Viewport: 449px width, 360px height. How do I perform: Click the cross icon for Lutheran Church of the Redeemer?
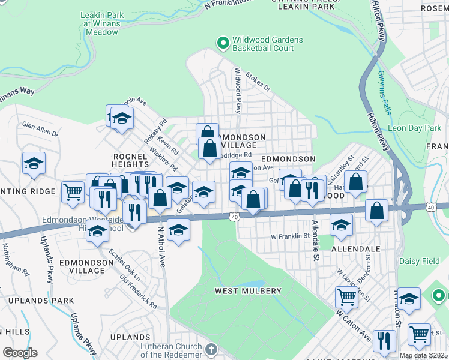tap(211, 349)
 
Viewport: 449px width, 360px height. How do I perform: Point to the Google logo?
tap(20, 352)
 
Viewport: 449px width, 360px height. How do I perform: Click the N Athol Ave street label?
tap(161, 246)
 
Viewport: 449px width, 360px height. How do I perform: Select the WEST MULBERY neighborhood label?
tap(248, 291)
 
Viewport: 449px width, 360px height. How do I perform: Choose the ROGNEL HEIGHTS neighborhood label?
tap(130, 160)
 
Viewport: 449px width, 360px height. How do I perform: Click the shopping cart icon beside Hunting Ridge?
tap(73, 192)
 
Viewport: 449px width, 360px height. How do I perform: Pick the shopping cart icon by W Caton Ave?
tap(347, 296)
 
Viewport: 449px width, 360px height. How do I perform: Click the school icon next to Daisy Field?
tap(409, 299)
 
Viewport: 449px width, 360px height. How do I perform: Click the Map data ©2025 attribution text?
tap(423, 355)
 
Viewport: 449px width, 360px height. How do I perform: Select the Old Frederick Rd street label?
tap(139, 293)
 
